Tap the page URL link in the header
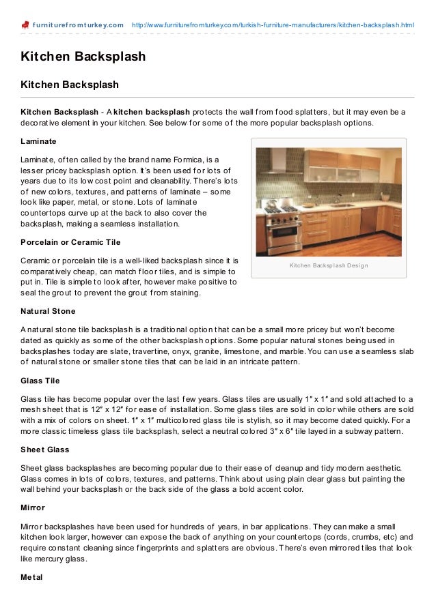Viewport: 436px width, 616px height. tap(272, 25)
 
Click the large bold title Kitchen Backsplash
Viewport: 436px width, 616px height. tap(83, 57)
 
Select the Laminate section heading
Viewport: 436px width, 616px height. tap(38, 141)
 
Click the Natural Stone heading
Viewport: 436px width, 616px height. tap(48, 311)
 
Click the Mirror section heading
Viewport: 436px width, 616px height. tap(33, 508)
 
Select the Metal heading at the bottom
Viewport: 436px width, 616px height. tap(31, 577)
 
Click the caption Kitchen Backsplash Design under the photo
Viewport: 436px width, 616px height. tap(329, 265)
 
